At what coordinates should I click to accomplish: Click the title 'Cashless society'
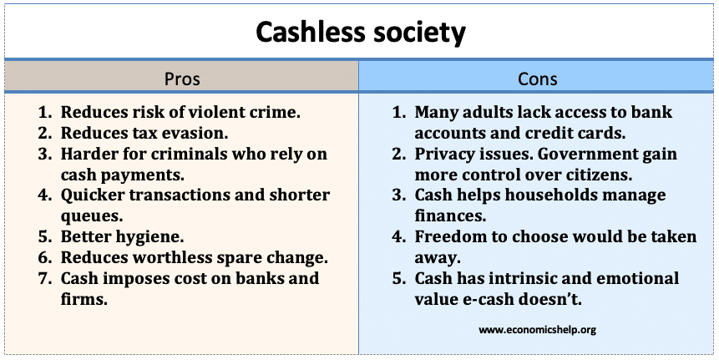pos(361,32)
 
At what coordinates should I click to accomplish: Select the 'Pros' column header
pos(182,79)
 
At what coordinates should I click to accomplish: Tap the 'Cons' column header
pos(538,79)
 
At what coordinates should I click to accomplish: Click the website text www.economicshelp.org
pos(537,329)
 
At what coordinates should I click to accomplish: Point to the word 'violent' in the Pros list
pos(216,112)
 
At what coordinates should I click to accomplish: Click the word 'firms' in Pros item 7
pos(83,299)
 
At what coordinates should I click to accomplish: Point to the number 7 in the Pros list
pos(43,278)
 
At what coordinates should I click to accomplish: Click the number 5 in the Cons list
pos(397,279)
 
